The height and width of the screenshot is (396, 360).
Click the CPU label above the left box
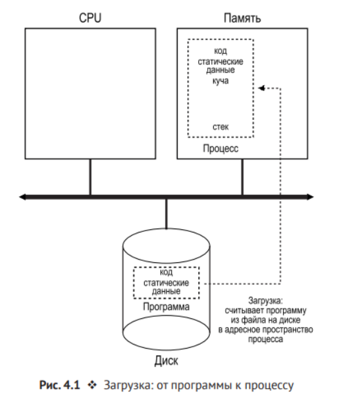click(90, 18)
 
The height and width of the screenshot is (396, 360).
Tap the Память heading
click(242, 18)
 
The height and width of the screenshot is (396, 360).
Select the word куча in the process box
click(220, 81)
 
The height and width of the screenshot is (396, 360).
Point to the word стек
click(220, 127)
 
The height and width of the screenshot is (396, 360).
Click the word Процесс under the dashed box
click(220, 148)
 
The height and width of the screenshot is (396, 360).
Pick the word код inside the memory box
click(220, 51)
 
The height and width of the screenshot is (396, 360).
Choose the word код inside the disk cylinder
click(167, 272)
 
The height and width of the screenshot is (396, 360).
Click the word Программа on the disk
click(167, 306)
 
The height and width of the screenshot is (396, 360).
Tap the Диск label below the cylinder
click(167, 360)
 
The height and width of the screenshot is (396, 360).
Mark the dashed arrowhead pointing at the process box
click(261, 88)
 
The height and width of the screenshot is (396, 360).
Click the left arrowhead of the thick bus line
click(22, 197)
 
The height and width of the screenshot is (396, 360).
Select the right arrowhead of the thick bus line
click(310, 197)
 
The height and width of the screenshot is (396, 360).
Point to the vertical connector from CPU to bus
click(90, 177)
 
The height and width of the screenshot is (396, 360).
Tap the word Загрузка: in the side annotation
click(265, 300)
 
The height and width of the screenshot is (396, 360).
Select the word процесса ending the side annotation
click(265, 339)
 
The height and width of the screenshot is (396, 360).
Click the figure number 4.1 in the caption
click(72, 385)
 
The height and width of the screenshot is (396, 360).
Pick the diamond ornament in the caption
click(92, 385)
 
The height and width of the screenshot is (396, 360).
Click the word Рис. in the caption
click(50, 385)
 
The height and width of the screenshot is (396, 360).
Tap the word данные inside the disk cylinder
click(167, 291)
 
